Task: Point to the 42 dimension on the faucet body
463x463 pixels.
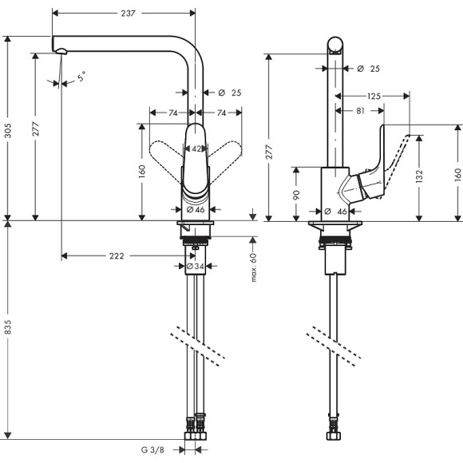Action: [195, 148]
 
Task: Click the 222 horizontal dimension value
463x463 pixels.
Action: [116, 256]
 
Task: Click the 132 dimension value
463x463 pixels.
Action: [421, 174]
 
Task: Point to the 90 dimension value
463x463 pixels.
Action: [297, 193]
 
